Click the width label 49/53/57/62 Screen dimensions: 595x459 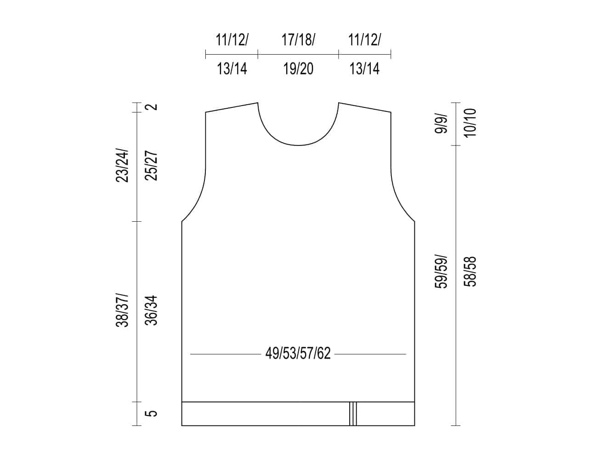(x=298, y=353)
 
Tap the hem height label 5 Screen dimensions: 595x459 (x=151, y=413)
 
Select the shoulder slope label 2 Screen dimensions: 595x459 (x=151, y=106)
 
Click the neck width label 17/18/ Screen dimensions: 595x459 (x=298, y=40)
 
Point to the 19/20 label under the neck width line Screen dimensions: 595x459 (x=298, y=69)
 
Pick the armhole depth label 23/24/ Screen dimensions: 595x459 (x=122, y=165)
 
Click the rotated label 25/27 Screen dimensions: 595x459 (x=151, y=166)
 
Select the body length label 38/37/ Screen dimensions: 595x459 (x=122, y=310)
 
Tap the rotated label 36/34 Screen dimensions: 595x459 (x=151, y=310)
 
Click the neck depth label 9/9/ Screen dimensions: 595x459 (x=441, y=123)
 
